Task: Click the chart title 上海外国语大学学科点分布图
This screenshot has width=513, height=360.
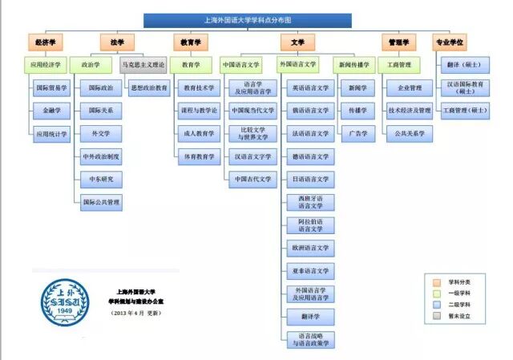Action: point(248,18)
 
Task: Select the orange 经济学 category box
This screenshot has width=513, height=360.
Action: point(46,42)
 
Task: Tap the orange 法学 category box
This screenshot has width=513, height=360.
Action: point(117,42)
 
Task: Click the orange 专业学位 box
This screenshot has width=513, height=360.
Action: point(449,42)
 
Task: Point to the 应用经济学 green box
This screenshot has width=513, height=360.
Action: point(46,64)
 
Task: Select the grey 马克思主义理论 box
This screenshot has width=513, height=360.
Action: point(143,64)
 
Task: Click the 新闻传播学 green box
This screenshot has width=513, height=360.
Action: point(353,64)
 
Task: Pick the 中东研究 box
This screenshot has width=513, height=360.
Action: point(101,179)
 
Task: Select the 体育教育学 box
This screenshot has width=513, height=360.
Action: point(200,156)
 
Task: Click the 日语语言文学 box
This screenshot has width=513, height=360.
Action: point(310,179)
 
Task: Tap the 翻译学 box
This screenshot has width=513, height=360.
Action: point(310,318)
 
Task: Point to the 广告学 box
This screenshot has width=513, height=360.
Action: point(353,133)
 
